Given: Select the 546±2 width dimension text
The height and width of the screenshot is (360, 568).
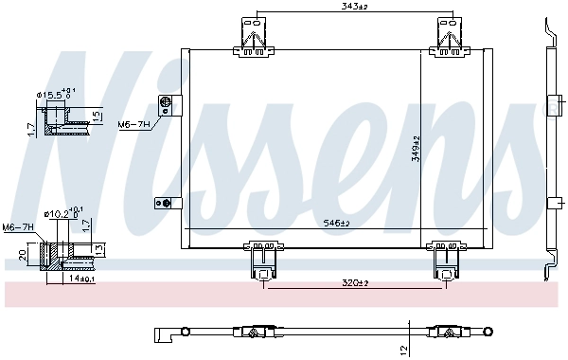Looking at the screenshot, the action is click(x=336, y=224).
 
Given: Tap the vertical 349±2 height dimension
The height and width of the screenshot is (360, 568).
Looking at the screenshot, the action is click(x=416, y=149).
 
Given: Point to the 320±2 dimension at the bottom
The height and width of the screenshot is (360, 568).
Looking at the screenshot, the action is click(x=355, y=282).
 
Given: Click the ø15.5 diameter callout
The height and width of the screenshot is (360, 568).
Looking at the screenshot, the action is click(x=56, y=94).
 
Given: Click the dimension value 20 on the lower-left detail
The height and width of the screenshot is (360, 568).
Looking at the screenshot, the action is click(x=22, y=255).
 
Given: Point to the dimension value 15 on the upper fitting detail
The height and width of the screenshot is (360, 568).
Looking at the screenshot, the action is click(x=97, y=116).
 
